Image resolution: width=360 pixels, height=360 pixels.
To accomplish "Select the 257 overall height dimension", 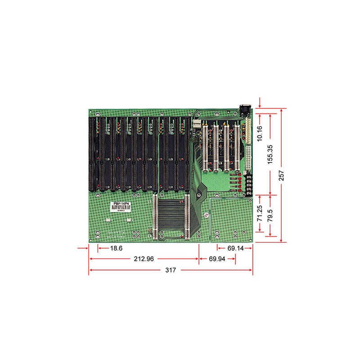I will [x=282, y=175].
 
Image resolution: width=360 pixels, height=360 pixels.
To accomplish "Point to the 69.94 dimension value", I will [x=217, y=259].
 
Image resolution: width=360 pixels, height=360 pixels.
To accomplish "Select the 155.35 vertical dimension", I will [x=270, y=154].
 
